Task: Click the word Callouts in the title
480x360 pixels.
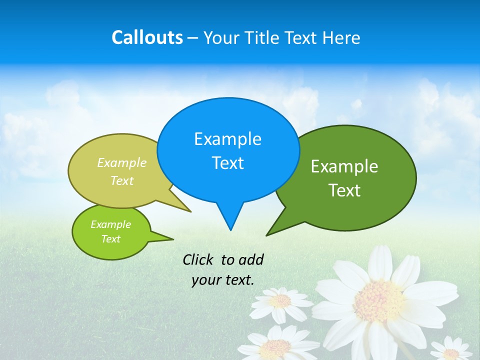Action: click(x=147, y=37)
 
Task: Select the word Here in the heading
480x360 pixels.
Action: click(x=342, y=38)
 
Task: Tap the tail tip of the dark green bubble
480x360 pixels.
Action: click(x=268, y=234)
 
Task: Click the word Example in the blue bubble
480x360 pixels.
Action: click(x=227, y=139)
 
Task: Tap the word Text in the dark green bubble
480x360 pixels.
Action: click(x=344, y=190)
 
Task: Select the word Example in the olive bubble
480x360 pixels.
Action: click(x=122, y=163)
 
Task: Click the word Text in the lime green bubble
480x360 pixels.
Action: click(x=110, y=239)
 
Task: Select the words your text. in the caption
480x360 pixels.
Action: click(x=222, y=280)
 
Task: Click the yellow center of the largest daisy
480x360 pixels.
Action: click(x=379, y=300)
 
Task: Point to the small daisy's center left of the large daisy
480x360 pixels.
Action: click(x=281, y=300)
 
